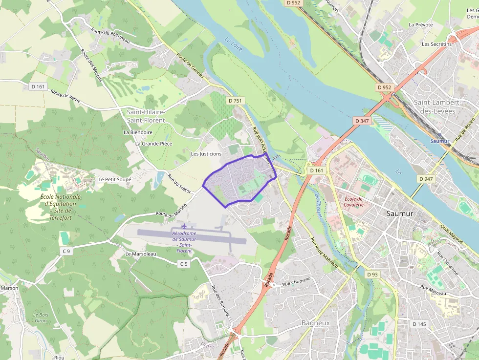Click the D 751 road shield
click(x=235, y=100)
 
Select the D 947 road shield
click(x=426, y=179)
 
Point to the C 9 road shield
click(x=66, y=251)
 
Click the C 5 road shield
click(x=183, y=264)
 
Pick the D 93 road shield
click(x=372, y=275)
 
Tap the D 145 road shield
click(x=419, y=324)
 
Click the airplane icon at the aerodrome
click(x=184, y=226)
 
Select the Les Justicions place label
click(x=206, y=154)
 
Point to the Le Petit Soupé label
click(x=115, y=179)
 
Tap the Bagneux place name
click(x=316, y=323)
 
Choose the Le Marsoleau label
click(x=141, y=254)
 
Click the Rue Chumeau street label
click(x=296, y=282)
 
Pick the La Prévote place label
click(x=421, y=24)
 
